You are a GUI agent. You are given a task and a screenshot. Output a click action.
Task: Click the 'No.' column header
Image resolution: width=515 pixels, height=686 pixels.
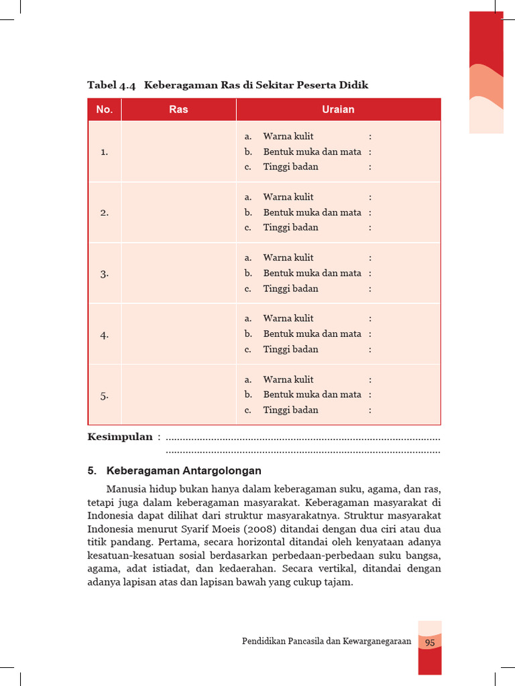(104, 109)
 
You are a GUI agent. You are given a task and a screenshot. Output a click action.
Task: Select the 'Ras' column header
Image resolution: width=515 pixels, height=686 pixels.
(178, 109)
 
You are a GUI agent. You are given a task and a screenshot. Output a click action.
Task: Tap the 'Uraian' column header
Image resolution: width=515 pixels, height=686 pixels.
(338, 109)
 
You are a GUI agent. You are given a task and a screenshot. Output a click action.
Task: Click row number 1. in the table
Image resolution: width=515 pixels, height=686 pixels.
(105, 152)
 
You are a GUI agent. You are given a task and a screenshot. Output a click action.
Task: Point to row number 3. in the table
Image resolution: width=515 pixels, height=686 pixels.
(105, 274)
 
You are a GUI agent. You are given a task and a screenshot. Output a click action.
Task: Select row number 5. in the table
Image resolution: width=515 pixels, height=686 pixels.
(105, 396)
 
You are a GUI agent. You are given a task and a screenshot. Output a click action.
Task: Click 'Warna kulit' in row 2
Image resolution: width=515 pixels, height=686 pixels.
(288, 197)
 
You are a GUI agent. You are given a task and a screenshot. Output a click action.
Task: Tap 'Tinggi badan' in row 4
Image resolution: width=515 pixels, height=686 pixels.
(290, 349)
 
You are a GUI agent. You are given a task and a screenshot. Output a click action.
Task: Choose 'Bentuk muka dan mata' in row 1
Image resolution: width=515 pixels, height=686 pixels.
(312, 151)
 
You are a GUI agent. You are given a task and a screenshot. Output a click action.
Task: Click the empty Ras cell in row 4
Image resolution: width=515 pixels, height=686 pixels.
(178, 334)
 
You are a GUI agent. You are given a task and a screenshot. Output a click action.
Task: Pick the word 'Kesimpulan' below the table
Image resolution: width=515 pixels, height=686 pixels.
(120, 437)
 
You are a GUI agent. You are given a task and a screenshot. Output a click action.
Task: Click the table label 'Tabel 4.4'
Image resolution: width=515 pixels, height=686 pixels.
(111, 85)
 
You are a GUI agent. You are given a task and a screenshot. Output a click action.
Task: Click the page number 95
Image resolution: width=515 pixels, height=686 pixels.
(430, 642)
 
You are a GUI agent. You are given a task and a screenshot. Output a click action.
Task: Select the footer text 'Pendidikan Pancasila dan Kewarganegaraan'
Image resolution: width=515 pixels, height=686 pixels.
(326, 642)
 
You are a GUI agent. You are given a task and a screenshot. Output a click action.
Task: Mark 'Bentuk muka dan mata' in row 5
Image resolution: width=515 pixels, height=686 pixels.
(312, 395)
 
